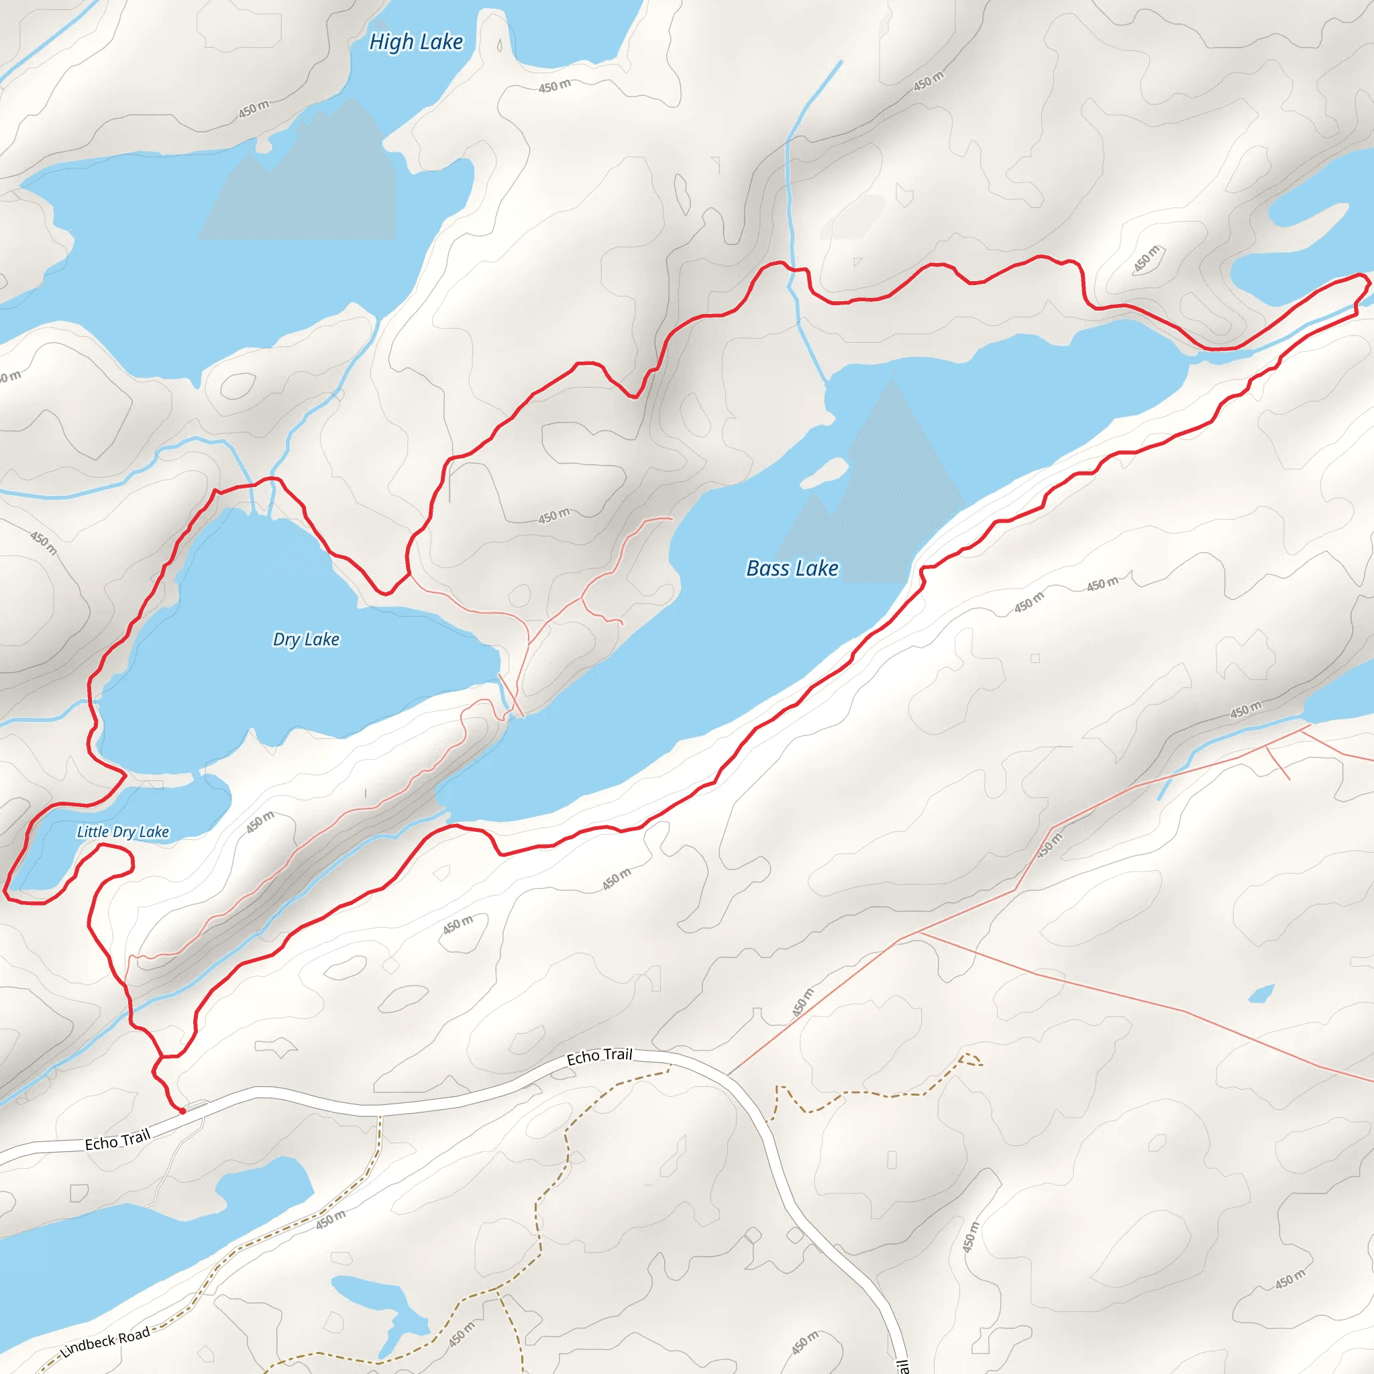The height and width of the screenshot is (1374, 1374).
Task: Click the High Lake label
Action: coord(416,43)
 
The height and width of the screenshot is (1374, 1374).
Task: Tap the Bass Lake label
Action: coord(792,568)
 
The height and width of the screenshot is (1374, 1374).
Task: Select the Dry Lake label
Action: coord(306,639)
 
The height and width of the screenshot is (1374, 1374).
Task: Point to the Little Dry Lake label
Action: coord(123,831)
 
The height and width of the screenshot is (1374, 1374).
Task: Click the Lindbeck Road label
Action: coord(105,1342)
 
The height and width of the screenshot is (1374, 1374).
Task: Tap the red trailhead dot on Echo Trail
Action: coord(182,1110)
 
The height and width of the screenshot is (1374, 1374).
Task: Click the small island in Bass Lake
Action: coord(825,472)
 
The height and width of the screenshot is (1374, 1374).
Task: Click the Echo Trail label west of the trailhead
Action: coord(117,1140)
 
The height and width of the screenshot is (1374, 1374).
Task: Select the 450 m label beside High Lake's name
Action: coord(554,87)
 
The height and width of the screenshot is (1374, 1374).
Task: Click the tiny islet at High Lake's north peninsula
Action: coord(499,47)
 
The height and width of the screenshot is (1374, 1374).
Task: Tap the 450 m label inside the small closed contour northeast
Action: coord(1146,259)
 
